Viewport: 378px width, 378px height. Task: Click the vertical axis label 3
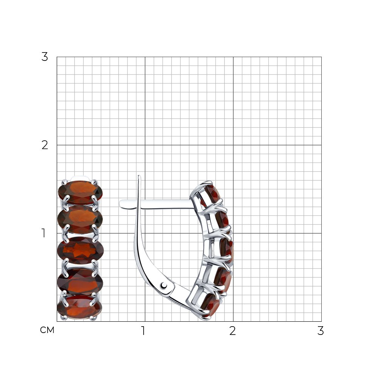tap(45, 57)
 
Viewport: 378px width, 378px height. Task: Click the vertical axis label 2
tap(45, 145)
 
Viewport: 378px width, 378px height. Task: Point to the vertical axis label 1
tap(43, 233)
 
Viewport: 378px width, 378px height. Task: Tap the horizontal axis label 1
tap(143, 331)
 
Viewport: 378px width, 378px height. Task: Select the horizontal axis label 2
tap(232, 331)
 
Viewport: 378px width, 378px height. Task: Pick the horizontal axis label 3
tap(321, 331)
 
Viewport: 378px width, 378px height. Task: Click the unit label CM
tap(47, 330)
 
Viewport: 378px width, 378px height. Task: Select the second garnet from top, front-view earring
tap(80, 219)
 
